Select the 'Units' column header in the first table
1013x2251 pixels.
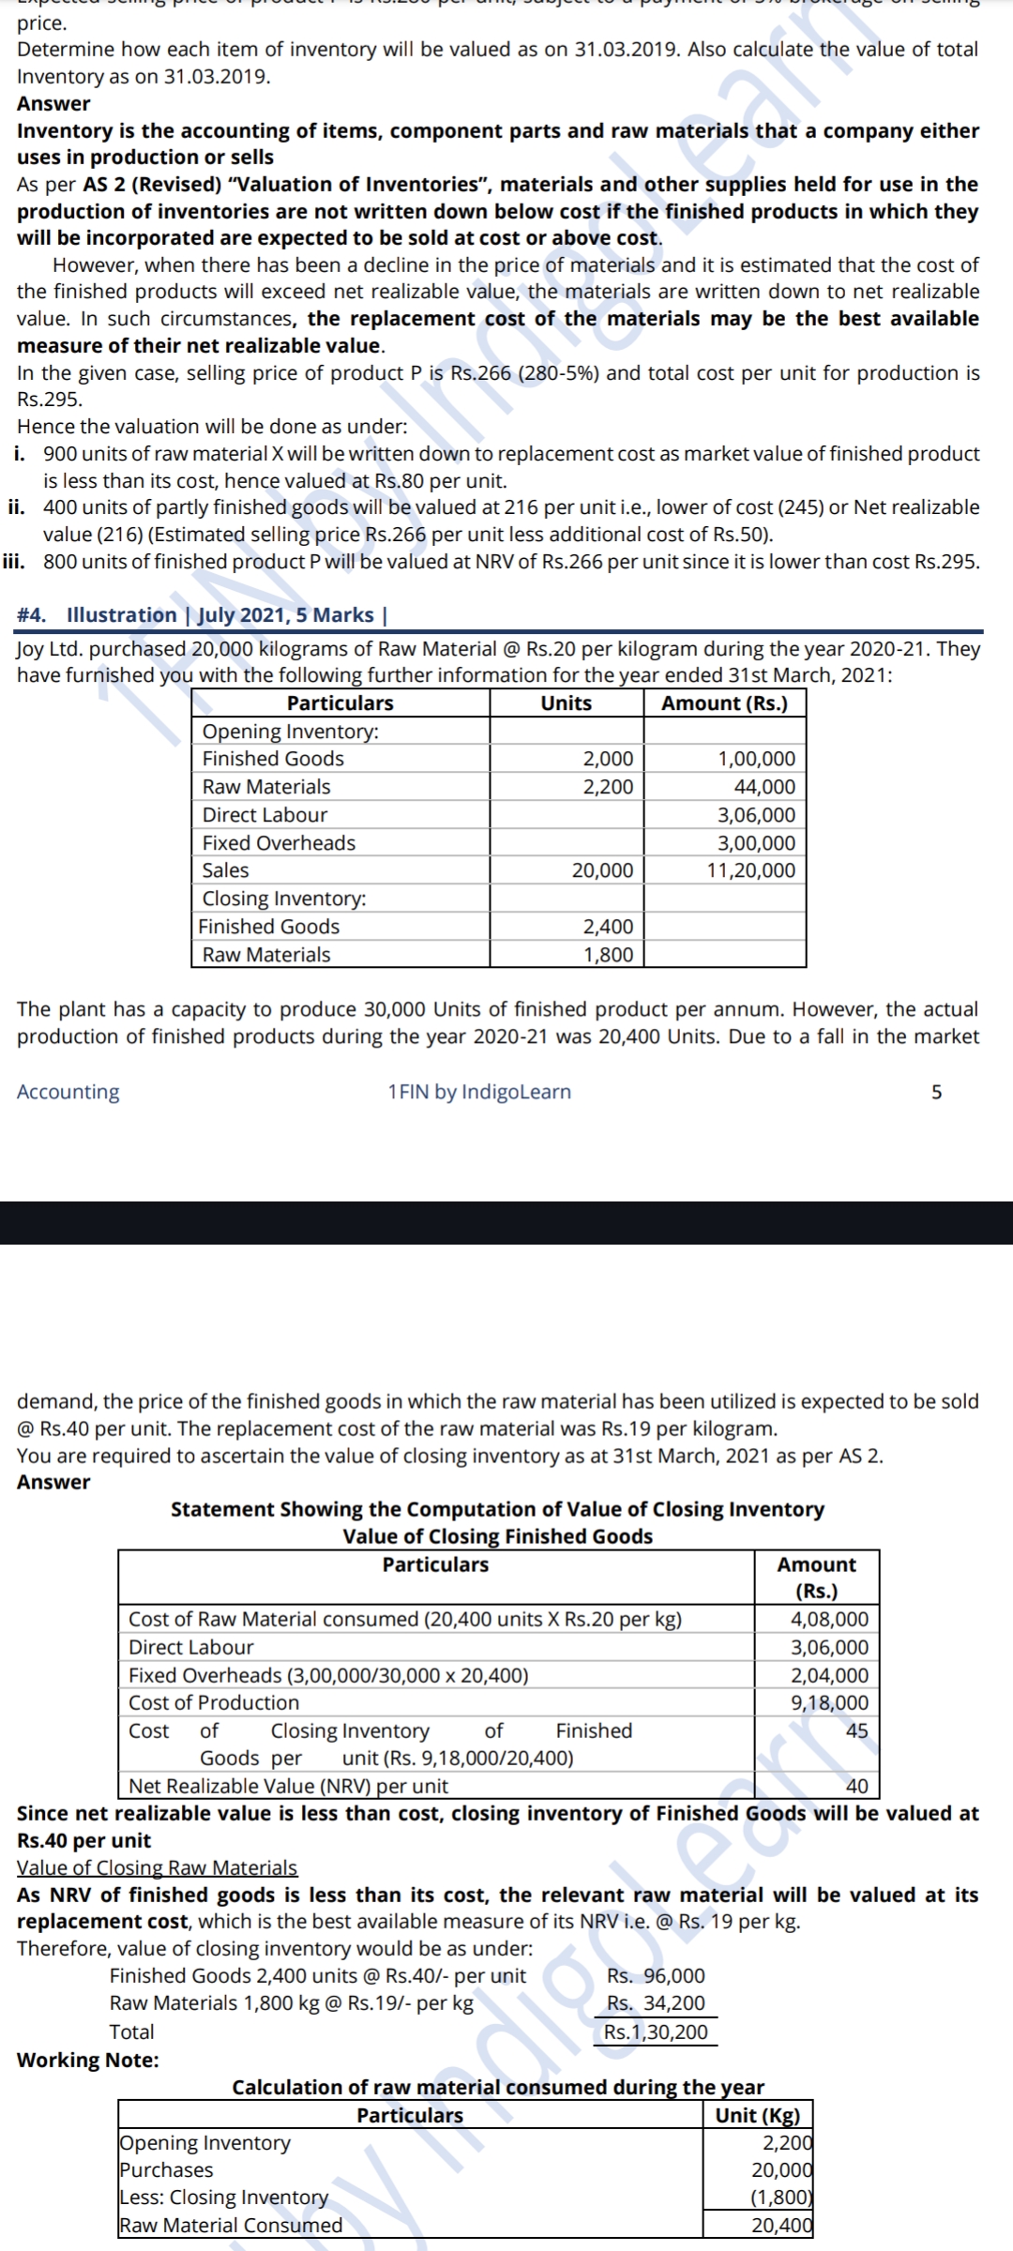point(566,703)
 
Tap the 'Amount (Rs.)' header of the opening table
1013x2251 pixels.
point(724,703)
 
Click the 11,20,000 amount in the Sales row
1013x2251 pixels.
point(750,870)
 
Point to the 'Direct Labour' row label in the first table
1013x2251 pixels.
point(265,815)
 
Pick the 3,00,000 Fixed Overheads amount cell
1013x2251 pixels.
point(756,843)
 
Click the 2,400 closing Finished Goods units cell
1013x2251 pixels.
point(608,927)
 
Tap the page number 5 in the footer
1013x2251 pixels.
point(936,1092)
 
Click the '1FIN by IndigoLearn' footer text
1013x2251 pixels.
point(479,1092)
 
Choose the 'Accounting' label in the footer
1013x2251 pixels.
point(68,1092)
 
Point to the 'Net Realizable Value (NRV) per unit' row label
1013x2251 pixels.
point(288,1786)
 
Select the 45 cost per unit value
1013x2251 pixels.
point(856,1730)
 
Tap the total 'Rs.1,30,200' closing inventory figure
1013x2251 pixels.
point(656,2032)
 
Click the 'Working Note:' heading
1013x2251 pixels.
point(88,2060)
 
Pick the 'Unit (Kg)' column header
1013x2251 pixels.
point(757,2115)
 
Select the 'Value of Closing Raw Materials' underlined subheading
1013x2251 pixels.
point(158,1867)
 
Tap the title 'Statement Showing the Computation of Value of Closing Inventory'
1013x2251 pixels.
point(497,1509)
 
